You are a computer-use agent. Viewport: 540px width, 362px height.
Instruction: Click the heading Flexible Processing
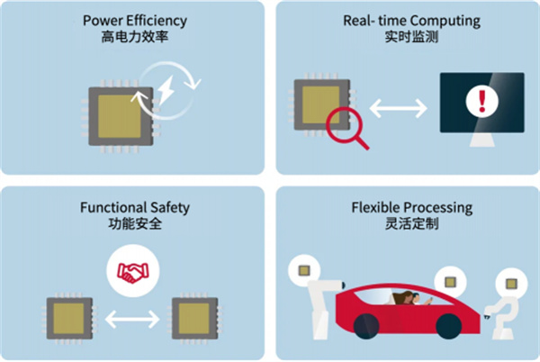coord(407,207)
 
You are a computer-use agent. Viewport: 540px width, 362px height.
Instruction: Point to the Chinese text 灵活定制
coord(407,224)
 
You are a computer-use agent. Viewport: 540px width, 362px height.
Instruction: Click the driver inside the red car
coord(403,299)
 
